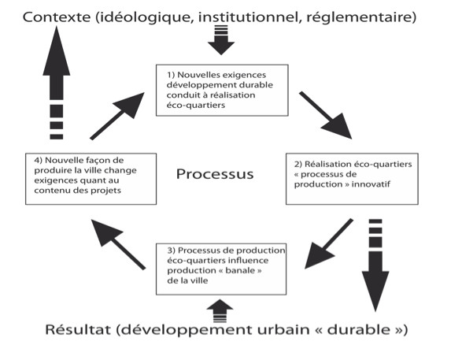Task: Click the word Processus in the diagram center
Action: click(x=215, y=174)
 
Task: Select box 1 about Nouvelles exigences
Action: click(x=222, y=91)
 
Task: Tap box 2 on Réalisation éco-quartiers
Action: click(x=352, y=179)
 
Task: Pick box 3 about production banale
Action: click(x=221, y=269)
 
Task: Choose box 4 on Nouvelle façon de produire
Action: click(x=91, y=179)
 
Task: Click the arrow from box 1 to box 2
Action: click(x=326, y=115)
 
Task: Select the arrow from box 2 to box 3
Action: click(x=329, y=243)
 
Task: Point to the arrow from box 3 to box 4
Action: click(x=118, y=245)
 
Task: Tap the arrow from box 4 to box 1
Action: click(x=117, y=117)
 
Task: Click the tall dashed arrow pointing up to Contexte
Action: click(x=57, y=83)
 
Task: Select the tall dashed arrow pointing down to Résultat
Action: click(x=375, y=265)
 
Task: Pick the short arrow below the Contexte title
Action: click(x=221, y=40)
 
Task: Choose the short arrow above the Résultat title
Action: click(x=220, y=311)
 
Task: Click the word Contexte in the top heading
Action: click(x=57, y=17)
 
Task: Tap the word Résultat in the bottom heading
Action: click(x=78, y=330)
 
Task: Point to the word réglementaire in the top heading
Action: click(x=361, y=18)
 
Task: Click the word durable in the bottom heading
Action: click(x=359, y=330)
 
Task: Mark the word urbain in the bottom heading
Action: click(x=283, y=330)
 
